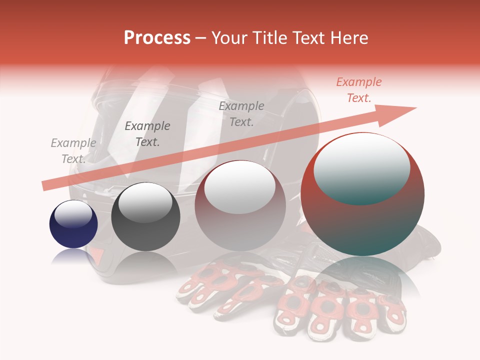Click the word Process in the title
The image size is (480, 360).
click(x=157, y=38)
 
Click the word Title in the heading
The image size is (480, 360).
click(x=265, y=38)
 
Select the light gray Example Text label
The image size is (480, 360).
click(x=73, y=151)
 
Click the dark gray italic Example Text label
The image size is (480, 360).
click(x=147, y=134)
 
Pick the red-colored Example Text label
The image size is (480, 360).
click(x=358, y=90)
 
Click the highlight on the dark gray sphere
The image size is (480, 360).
click(x=145, y=202)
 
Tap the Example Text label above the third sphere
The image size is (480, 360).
click(x=241, y=114)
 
